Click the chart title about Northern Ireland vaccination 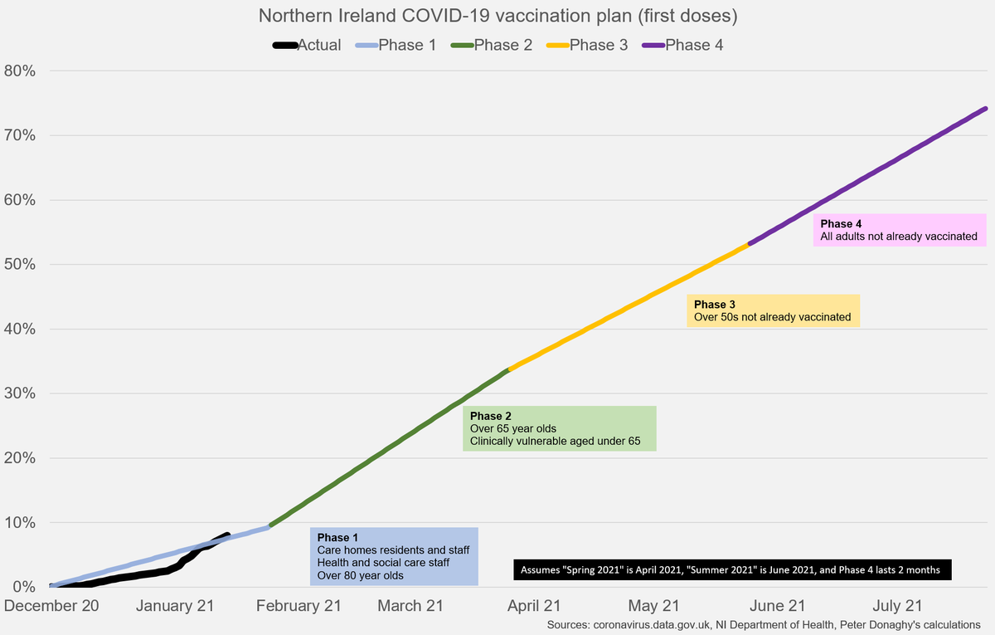[497, 17]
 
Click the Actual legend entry [308, 45]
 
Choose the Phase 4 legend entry [683, 45]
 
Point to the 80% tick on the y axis [18, 71]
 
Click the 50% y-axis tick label [18, 264]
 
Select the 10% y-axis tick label [18, 522]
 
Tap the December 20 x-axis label [51, 606]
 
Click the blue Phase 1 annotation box [394, 556]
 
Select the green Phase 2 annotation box [560, 428]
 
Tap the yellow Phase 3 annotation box [773, 310]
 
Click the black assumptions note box [732, 570]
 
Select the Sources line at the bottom [764, 623]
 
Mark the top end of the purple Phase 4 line [985, 108]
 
